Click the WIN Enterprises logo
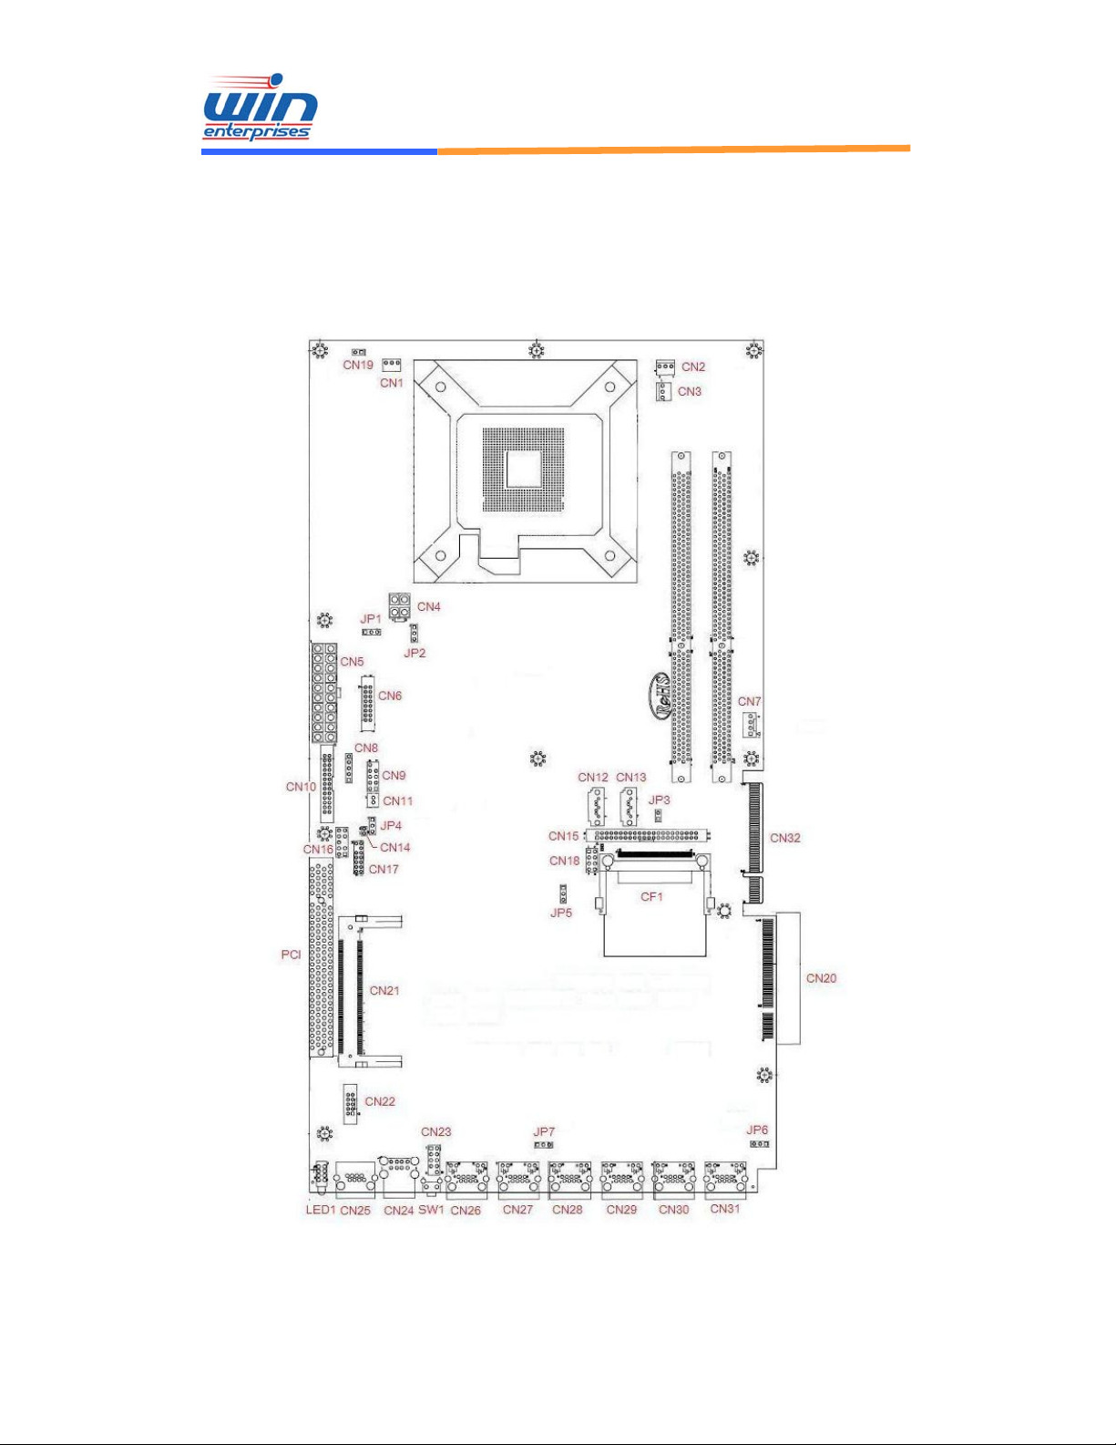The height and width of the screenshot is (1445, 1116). point(260,107)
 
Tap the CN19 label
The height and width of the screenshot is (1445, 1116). point(358,365)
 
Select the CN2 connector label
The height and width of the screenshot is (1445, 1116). point(693,366)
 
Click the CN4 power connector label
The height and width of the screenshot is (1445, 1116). point(428,606)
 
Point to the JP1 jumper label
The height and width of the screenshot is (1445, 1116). point(371,618)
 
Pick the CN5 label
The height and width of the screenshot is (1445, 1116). point(352,662)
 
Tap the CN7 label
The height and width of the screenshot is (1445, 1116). point(749,702)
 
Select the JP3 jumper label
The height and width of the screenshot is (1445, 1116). point(659,800)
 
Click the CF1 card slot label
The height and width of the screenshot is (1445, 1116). point(651,896)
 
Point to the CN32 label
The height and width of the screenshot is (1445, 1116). point(785,838)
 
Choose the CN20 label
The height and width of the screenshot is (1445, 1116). point(821,978)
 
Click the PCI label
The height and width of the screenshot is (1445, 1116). point(291,955)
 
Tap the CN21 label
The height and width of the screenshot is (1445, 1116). point(384,990)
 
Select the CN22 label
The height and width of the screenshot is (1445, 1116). point(380,1101)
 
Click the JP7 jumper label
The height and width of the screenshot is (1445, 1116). point(544,1131)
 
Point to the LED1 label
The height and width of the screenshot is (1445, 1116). point(321,1210)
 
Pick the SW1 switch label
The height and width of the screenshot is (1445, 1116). point(431,1210)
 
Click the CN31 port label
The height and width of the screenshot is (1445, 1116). point(725,1208)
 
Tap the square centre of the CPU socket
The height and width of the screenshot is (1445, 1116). point(524,470)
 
